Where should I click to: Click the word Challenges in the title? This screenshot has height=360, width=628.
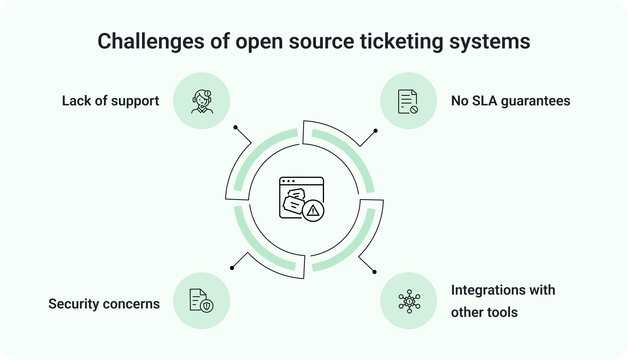coord(150,41)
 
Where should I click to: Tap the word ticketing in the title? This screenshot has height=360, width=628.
coord(402,41)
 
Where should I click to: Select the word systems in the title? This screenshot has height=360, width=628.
coord(490,41)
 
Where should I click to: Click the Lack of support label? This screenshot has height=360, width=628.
coord(110,101)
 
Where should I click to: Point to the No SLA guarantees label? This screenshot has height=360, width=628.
coord(511,101)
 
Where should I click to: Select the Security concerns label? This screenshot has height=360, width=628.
coord(104,304)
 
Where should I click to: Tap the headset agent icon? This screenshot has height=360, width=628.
coord(202,101)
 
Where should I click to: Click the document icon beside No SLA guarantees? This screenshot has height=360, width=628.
coord(408,102)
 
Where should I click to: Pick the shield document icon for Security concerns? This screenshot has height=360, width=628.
coord(201,300)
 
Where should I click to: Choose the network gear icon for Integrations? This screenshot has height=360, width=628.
coord(409,301)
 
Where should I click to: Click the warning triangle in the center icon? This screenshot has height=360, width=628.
coord(313,210)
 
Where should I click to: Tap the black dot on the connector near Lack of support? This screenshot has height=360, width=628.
coord(235,127)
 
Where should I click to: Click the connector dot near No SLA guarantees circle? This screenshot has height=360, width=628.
coord(376,131)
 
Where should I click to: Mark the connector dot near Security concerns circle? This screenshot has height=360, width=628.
coord(232,268)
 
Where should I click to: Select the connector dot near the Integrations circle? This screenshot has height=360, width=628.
coord(374,272)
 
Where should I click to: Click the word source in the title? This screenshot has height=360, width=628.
coord(321,41)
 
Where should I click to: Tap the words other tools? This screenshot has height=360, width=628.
coord(484,312)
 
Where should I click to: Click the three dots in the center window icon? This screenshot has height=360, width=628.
coord(289,181)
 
